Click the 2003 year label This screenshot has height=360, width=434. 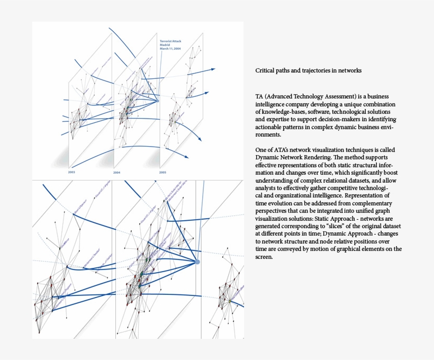click(x=71, y=173)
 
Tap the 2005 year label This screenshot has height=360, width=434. click(x=163, y=173)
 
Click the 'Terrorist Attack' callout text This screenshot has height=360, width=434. click(x=170, y=40)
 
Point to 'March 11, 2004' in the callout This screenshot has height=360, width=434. click(x=170, y=49)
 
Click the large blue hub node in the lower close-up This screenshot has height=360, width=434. click(x=197, y=262)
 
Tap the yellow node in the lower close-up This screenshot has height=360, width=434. click(x=230, y=301)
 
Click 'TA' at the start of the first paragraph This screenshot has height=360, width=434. click(x=259, y=97)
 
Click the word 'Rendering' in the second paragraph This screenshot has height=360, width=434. click(x=320, y=158)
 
